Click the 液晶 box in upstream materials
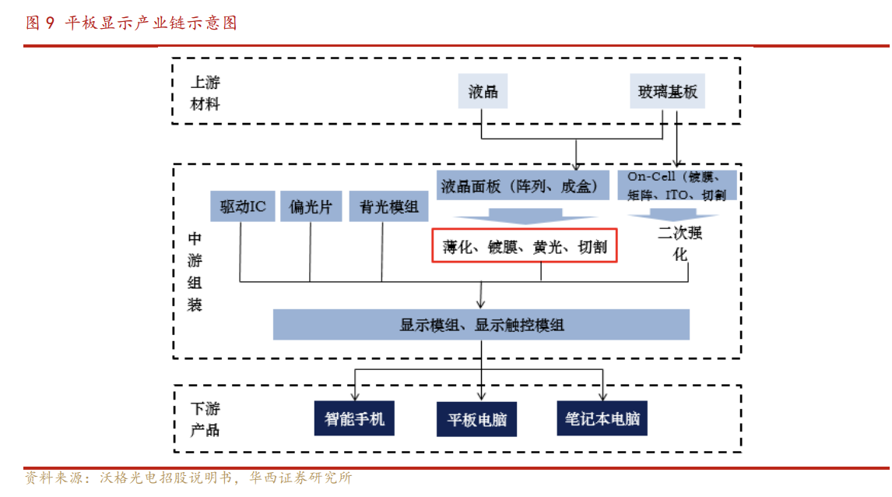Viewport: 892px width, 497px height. point(483,91)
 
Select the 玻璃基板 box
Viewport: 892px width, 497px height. point(668,91)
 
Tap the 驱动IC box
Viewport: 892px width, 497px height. point(242,206)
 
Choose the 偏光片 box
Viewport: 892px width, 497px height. point(310,206)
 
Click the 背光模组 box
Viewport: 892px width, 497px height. point(388,206)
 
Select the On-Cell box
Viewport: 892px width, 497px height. point(676,185)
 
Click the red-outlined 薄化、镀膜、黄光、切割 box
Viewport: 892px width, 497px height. point(525,247)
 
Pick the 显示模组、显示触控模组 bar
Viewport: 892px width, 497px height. point(481,325)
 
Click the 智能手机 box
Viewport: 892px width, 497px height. point(354,418)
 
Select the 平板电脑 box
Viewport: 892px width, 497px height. point(477,419)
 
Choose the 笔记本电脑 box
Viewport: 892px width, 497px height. point(602,418)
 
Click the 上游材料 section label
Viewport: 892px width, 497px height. point(205,93)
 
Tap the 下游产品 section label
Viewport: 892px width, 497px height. point(205,418)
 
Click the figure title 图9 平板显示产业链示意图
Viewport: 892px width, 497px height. point(131,23)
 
